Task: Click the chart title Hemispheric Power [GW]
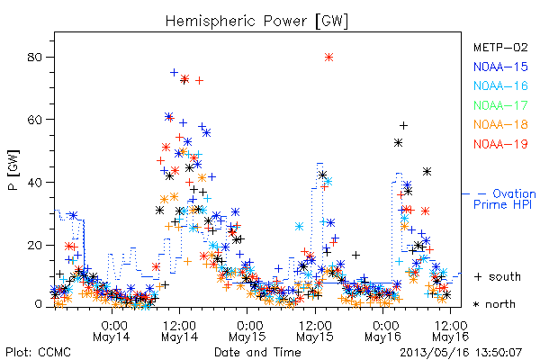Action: coord(256,22)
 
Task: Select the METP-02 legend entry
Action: coord(500,47)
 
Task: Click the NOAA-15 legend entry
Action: coord(500,67)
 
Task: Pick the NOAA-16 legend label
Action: coord(500,85)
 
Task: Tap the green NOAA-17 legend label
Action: coord(500,105)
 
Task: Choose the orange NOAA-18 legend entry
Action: coord(500,124)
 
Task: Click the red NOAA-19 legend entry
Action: coord(500,144)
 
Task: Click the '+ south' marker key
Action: coord(498,276)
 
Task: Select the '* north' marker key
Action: coord(494,304)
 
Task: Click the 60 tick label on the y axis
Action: coord(35,120)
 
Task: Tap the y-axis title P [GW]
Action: coord(13,170)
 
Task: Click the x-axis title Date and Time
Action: coord(257,353)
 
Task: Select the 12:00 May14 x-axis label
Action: coord(179,331)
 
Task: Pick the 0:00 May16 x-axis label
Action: coord(383,331)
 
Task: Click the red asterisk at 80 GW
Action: coord(328,58)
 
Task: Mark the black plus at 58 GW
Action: coord(403,126)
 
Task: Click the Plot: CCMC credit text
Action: coord(38,353)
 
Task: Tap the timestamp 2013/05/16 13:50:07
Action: coord(461,353)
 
